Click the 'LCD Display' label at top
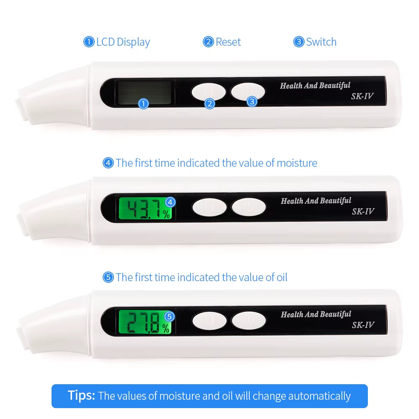point(122,42)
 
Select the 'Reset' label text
point(228,42)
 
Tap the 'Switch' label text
point(321,42)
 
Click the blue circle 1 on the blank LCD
point(143,103)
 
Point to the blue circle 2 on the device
point(209,103)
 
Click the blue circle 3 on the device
point(251,101)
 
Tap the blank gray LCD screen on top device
point(144,92)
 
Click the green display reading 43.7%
point(145,209)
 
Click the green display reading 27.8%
point(145,323)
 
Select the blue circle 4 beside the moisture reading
point(170,202)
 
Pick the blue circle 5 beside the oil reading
point(170,316)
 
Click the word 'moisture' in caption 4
point(297,163)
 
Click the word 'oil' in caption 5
point(282,277)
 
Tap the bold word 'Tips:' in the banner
point(82,396)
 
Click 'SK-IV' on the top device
point(362,96)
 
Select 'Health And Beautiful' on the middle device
point(316,201)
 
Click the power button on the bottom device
point(249,321)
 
